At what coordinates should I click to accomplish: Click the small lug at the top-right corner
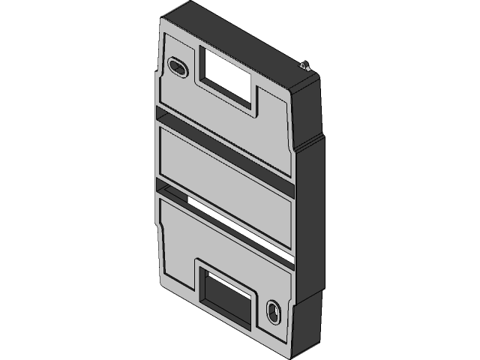tap(304, 65)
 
